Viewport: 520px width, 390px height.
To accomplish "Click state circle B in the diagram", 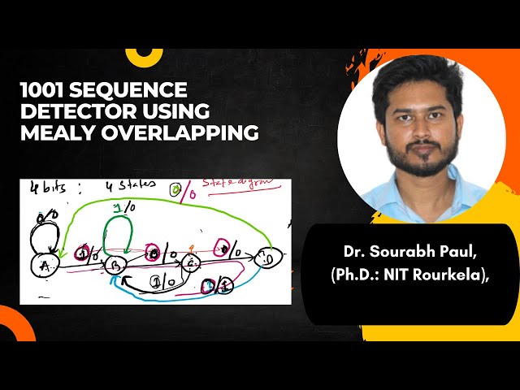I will click(x=115, y=264).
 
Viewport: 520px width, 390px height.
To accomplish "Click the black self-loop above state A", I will click(x=41, y=237).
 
